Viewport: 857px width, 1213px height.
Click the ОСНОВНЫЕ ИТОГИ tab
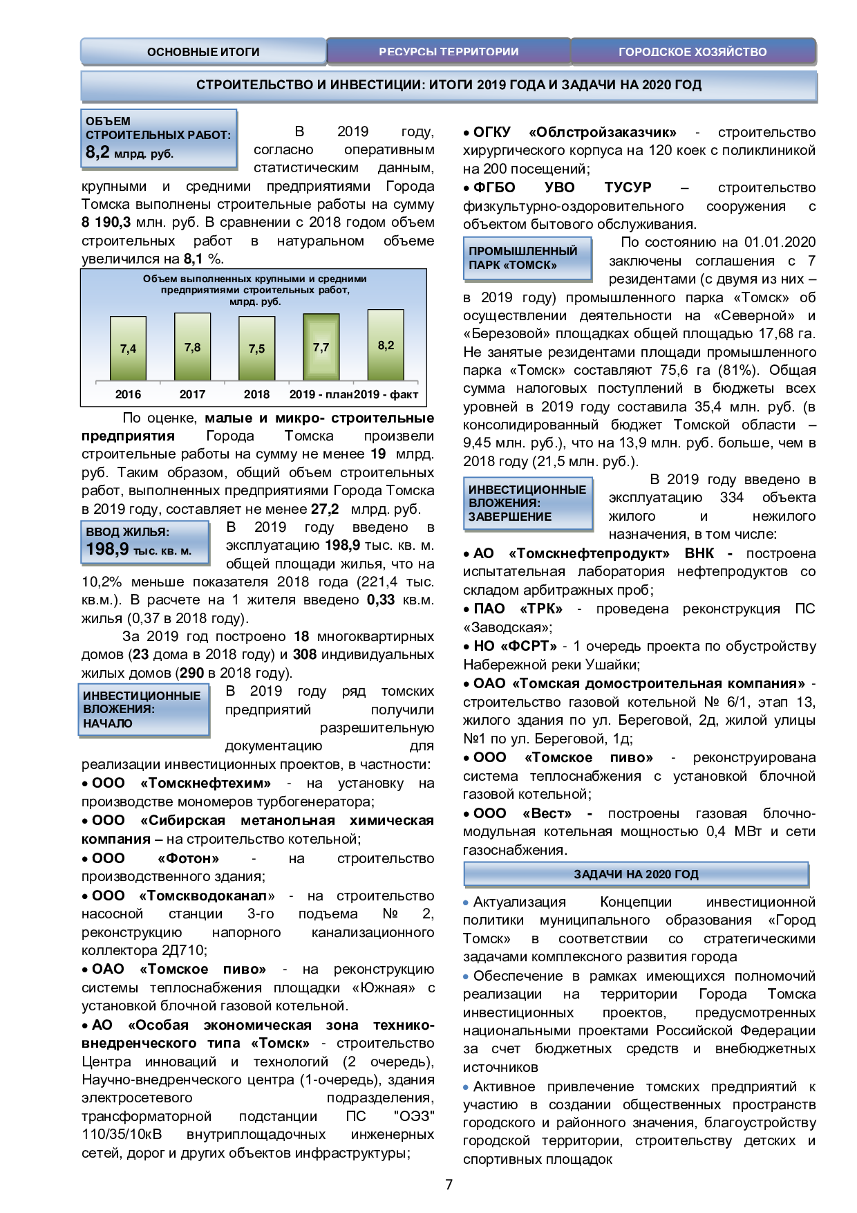[203, 52]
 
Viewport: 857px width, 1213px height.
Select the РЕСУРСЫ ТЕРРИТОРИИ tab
[449, 52]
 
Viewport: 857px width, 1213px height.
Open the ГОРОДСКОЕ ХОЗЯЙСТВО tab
[693, 52]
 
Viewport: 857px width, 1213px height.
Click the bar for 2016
[128, 349]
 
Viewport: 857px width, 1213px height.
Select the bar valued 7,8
[192, 346]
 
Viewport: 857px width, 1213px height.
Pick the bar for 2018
[256, 349]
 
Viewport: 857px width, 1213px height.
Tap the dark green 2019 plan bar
[321, 347]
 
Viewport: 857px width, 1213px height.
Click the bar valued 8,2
[386, 345]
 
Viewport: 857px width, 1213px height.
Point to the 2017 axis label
[192, 394]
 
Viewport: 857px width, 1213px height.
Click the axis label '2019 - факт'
[386, 394]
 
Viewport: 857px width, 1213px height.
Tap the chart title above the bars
[255, 290]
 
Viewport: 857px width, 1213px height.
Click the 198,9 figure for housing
[107, 549]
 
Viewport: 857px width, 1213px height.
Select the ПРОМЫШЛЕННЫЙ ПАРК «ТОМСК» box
[527, 258]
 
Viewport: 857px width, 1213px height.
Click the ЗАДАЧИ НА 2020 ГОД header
[636, 874]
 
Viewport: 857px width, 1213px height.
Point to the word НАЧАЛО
[108, 723]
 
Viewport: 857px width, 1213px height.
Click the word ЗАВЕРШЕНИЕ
[510, 517]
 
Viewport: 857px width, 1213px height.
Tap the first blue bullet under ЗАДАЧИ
[466, 902]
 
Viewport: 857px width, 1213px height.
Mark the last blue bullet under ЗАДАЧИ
[466, 1087]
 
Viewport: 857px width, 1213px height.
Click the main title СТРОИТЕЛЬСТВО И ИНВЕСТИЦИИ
[449, 85]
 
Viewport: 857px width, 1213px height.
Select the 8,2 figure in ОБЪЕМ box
[97, 152]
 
